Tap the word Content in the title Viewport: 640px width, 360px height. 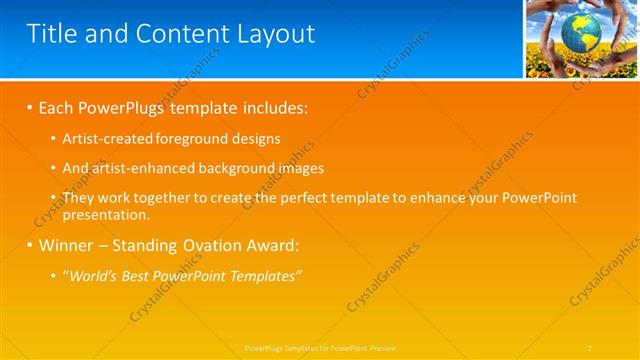coord(176,34)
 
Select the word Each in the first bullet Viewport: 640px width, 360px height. coord(57,106)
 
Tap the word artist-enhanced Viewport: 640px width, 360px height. coord(141,169)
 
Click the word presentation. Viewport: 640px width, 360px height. coord(105,214)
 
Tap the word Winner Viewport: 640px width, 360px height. coord(67,245)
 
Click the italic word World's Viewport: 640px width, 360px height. coord(92,276)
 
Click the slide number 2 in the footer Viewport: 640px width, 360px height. coord(590,347)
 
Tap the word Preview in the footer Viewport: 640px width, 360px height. coord(382,347)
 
